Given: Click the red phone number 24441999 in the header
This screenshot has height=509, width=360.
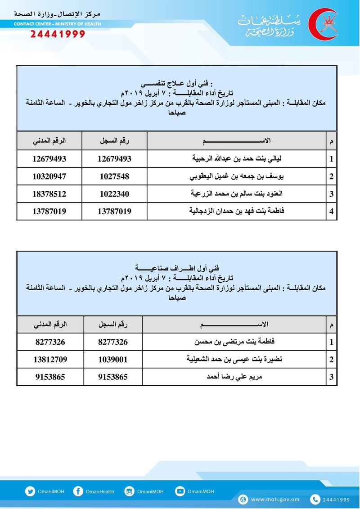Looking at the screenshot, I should click(57, 34).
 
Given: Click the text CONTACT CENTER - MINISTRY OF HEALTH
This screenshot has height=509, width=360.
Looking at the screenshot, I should click(57, 24).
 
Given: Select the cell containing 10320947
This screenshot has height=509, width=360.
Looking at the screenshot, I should click(49, 176).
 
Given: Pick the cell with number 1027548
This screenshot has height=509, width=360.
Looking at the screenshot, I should click(115, 176).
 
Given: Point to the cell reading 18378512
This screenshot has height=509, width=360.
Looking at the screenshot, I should click(49, 194).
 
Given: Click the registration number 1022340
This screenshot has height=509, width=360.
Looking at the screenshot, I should click(115, 194).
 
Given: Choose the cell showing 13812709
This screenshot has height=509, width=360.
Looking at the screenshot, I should click(50, 359).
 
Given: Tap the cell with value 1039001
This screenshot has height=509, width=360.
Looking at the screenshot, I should click(113, 359).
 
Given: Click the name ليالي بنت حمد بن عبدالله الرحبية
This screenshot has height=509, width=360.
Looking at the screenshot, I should click(237, 158).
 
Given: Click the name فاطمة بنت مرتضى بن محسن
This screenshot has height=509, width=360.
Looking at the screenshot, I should click(234, 342).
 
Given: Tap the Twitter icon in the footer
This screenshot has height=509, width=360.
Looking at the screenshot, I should click(30, 491).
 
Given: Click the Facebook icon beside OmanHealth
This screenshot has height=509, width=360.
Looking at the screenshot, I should click(78, 491).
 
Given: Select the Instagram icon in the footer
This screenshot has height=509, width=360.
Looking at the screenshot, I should click(129, 491).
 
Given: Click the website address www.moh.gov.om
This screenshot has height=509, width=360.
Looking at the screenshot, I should click(275, 499).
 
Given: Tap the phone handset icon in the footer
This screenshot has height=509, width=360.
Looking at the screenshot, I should click(315, 499).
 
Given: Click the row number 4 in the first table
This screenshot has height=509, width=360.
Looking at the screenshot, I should click(332, 211).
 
